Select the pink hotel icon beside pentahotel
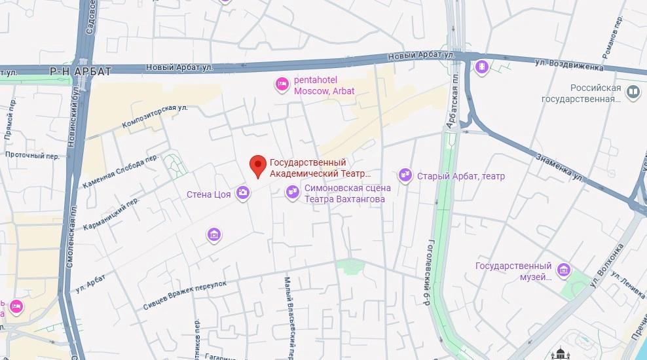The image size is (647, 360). coord(282,84)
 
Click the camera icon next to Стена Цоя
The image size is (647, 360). coord(243,192)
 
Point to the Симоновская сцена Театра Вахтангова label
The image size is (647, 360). coord(347,193)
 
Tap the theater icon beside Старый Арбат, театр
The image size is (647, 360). coord(405,175)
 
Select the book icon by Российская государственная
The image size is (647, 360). coord(633,92)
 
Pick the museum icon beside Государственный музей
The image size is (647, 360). coord(563,270)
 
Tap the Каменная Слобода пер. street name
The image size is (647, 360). coord(120,172)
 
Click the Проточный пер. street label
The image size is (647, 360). coord(32,156)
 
